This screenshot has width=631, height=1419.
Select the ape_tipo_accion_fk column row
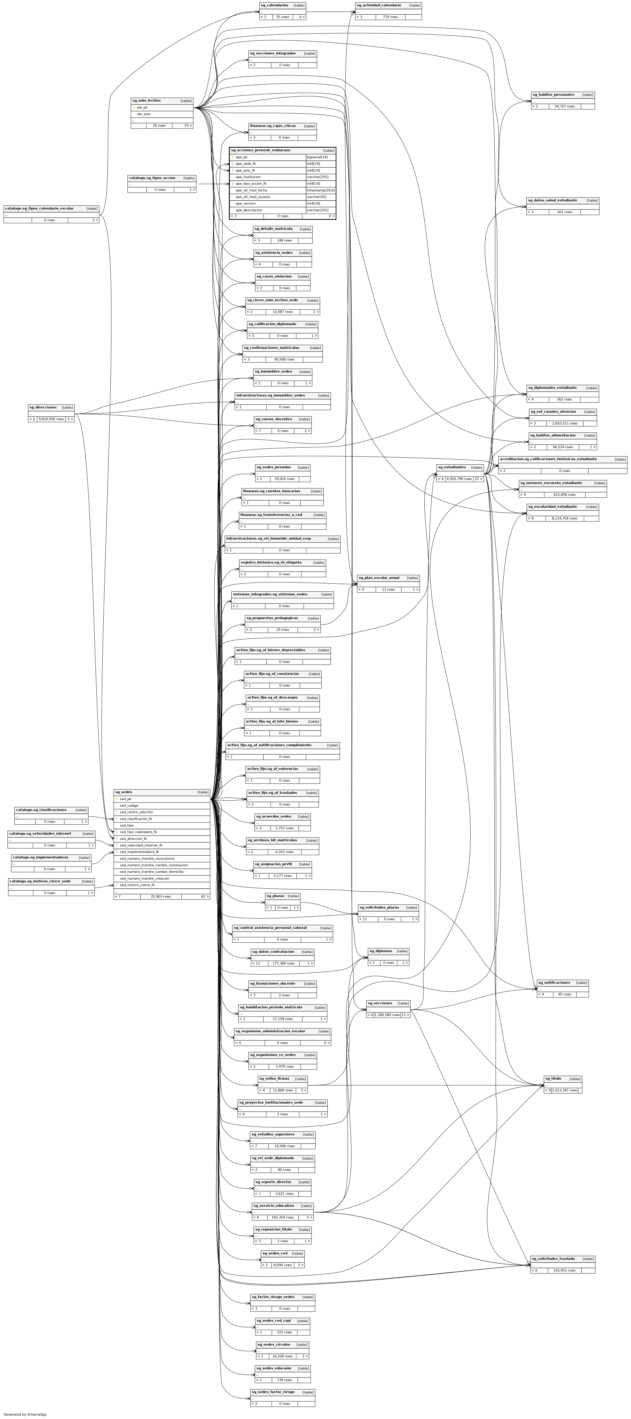pos(251,183)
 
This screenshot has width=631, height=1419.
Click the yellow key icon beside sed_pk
pos(117,799)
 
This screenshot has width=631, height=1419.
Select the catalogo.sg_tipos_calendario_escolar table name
pos(40,209)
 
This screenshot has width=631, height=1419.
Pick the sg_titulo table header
pos(553,1079)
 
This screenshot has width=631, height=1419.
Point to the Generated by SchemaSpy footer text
pos(25,1414)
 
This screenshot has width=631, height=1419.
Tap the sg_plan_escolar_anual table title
pos(379,578)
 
